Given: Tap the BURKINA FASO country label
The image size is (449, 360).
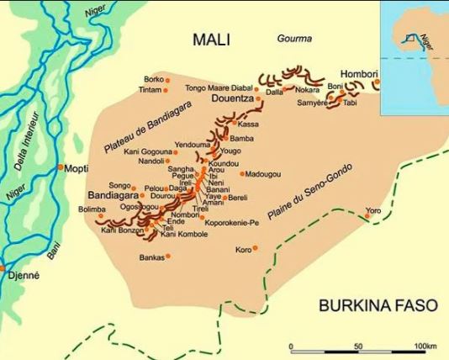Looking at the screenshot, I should pos(378,305).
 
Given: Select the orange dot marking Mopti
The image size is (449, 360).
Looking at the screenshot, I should pos(61,167).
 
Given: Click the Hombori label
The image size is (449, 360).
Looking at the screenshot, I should pos(359,72).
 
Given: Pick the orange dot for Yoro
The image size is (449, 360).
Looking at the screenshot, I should pos(367,217).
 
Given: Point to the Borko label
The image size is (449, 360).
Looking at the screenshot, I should pos(153,79).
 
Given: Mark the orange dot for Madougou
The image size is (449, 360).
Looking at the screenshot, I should pos(243,174).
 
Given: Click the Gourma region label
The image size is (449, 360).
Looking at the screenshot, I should pos(294,39).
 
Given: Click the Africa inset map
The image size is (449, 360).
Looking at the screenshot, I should pos(415,40).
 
